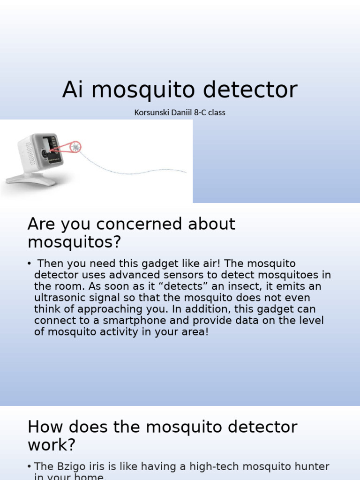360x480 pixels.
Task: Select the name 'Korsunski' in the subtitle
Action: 151,112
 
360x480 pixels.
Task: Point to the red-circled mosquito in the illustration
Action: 75,147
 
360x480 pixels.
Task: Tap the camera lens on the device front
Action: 44,153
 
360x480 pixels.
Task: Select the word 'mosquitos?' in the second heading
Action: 74,242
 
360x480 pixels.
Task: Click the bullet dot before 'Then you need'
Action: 30,264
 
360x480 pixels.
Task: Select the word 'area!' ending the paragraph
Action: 191,332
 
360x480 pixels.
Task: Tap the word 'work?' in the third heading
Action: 52,445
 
